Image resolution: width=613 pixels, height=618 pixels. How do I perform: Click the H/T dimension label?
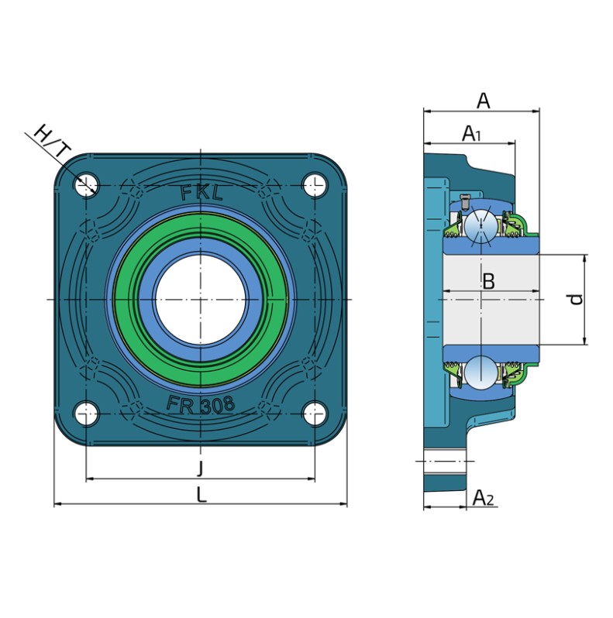pyautogui.click(x=53, y=141)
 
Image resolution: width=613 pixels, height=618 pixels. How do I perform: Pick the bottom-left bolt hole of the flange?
pyautogui.click(x=85, y=414)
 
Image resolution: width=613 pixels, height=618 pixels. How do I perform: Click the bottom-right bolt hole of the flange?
pyautogui.click(x=315, y=414)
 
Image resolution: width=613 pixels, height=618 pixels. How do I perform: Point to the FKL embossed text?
pyautogui.click(x=201, y=193)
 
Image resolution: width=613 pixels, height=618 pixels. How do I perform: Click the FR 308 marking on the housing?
pyautogui.click(x=201, y=404)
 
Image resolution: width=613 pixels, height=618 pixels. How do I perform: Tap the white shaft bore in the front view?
pyautogui.click(x=201, y=300)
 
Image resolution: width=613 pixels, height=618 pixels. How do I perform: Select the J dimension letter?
pyautogui.click(x=201, y=469)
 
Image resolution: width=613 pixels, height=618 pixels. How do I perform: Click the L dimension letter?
pyautogui.click(x=201, y=494)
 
